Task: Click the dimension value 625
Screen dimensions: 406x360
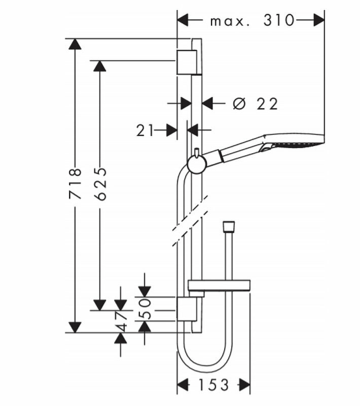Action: click(x=100, y=183)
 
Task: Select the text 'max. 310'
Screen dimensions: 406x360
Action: click(x=252, y=20)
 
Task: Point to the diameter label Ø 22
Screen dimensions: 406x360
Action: click(x=256, y=104)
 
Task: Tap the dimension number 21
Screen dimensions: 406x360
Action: click(x=145, y=131)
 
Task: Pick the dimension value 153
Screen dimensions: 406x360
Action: click(x=213, y=385)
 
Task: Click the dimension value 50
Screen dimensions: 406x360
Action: click(x=145, y=309)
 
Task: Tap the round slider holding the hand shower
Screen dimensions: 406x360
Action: click(x=196, y=163)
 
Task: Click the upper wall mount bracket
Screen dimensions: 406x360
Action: click(x=186, y=62)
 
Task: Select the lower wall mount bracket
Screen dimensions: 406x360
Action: click(x=186, y=309)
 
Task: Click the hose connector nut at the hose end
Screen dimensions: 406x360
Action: click(x=229, y=226)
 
